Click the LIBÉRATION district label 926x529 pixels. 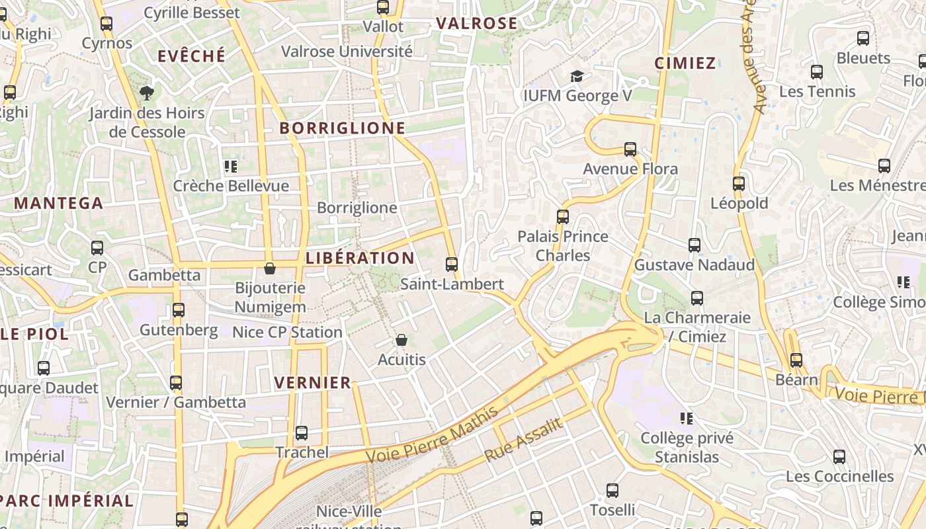tap(360, 258)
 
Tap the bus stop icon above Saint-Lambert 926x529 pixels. tap(452, 264)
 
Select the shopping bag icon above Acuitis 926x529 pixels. tap(401, 341)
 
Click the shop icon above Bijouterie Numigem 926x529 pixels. tap(270, 268)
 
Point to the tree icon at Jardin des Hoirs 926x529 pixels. tap(146, 93)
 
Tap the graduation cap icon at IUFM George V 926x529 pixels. tap(577, 77)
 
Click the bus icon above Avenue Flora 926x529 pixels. tap(630, 149)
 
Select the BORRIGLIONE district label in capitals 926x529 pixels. tap(342, 128)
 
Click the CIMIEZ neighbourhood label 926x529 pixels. tap(685, 63)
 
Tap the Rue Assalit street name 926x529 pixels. tap(523, 440)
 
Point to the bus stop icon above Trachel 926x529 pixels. tap(302, 433)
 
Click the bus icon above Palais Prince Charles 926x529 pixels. tap(563, 216)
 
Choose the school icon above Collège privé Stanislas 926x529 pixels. tap(687, 419)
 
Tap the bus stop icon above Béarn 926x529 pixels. tap(796, 360)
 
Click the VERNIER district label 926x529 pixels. tap(313, 383)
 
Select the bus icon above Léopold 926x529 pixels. tap(739, 184)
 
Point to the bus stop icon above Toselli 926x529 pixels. tap(612, 491)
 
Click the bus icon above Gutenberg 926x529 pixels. tap(179, 309)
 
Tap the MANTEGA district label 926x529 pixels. tap(59, 204)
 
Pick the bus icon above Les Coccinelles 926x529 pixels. tap(839, 456)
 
